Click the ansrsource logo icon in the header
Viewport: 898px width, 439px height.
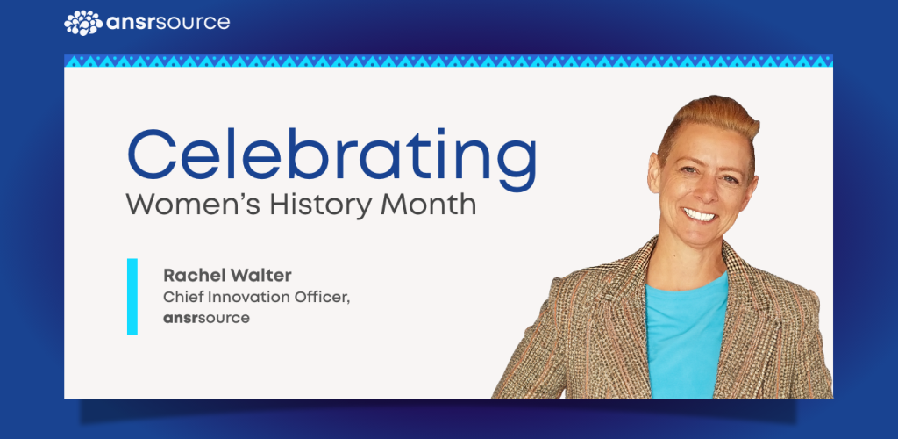83,23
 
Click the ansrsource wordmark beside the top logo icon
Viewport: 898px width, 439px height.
168,23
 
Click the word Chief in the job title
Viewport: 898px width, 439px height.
180,298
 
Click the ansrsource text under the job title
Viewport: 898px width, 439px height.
207,318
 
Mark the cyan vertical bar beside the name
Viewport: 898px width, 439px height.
132,296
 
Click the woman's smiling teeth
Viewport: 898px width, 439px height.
699,215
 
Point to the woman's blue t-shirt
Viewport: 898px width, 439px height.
686,338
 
